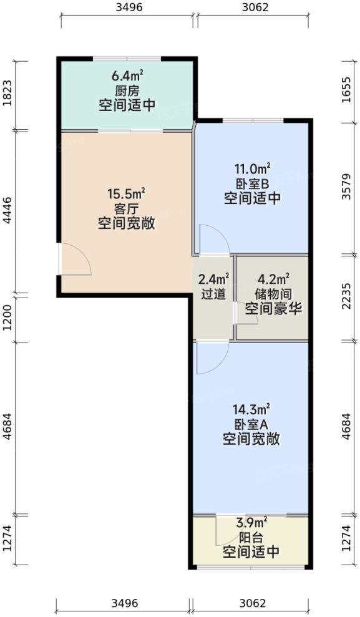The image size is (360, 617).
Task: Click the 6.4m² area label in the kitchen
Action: coord(127,76)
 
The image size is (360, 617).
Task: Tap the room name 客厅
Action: coord(126,208)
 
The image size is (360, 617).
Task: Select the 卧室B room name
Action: coord(251,184)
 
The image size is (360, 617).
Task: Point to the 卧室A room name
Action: coord(251,424)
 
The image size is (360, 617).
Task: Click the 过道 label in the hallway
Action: coord(213,292)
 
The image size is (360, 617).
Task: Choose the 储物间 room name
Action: coord(272,292)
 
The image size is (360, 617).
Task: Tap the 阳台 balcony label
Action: coord(251,537)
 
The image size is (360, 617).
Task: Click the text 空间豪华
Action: coord(272,308)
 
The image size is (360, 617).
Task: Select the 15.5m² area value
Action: coord(126,193)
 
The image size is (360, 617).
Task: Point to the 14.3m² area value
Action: coord(251,409)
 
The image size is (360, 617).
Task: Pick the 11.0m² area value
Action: coord(251,168)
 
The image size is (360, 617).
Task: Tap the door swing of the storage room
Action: coord(246,314)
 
